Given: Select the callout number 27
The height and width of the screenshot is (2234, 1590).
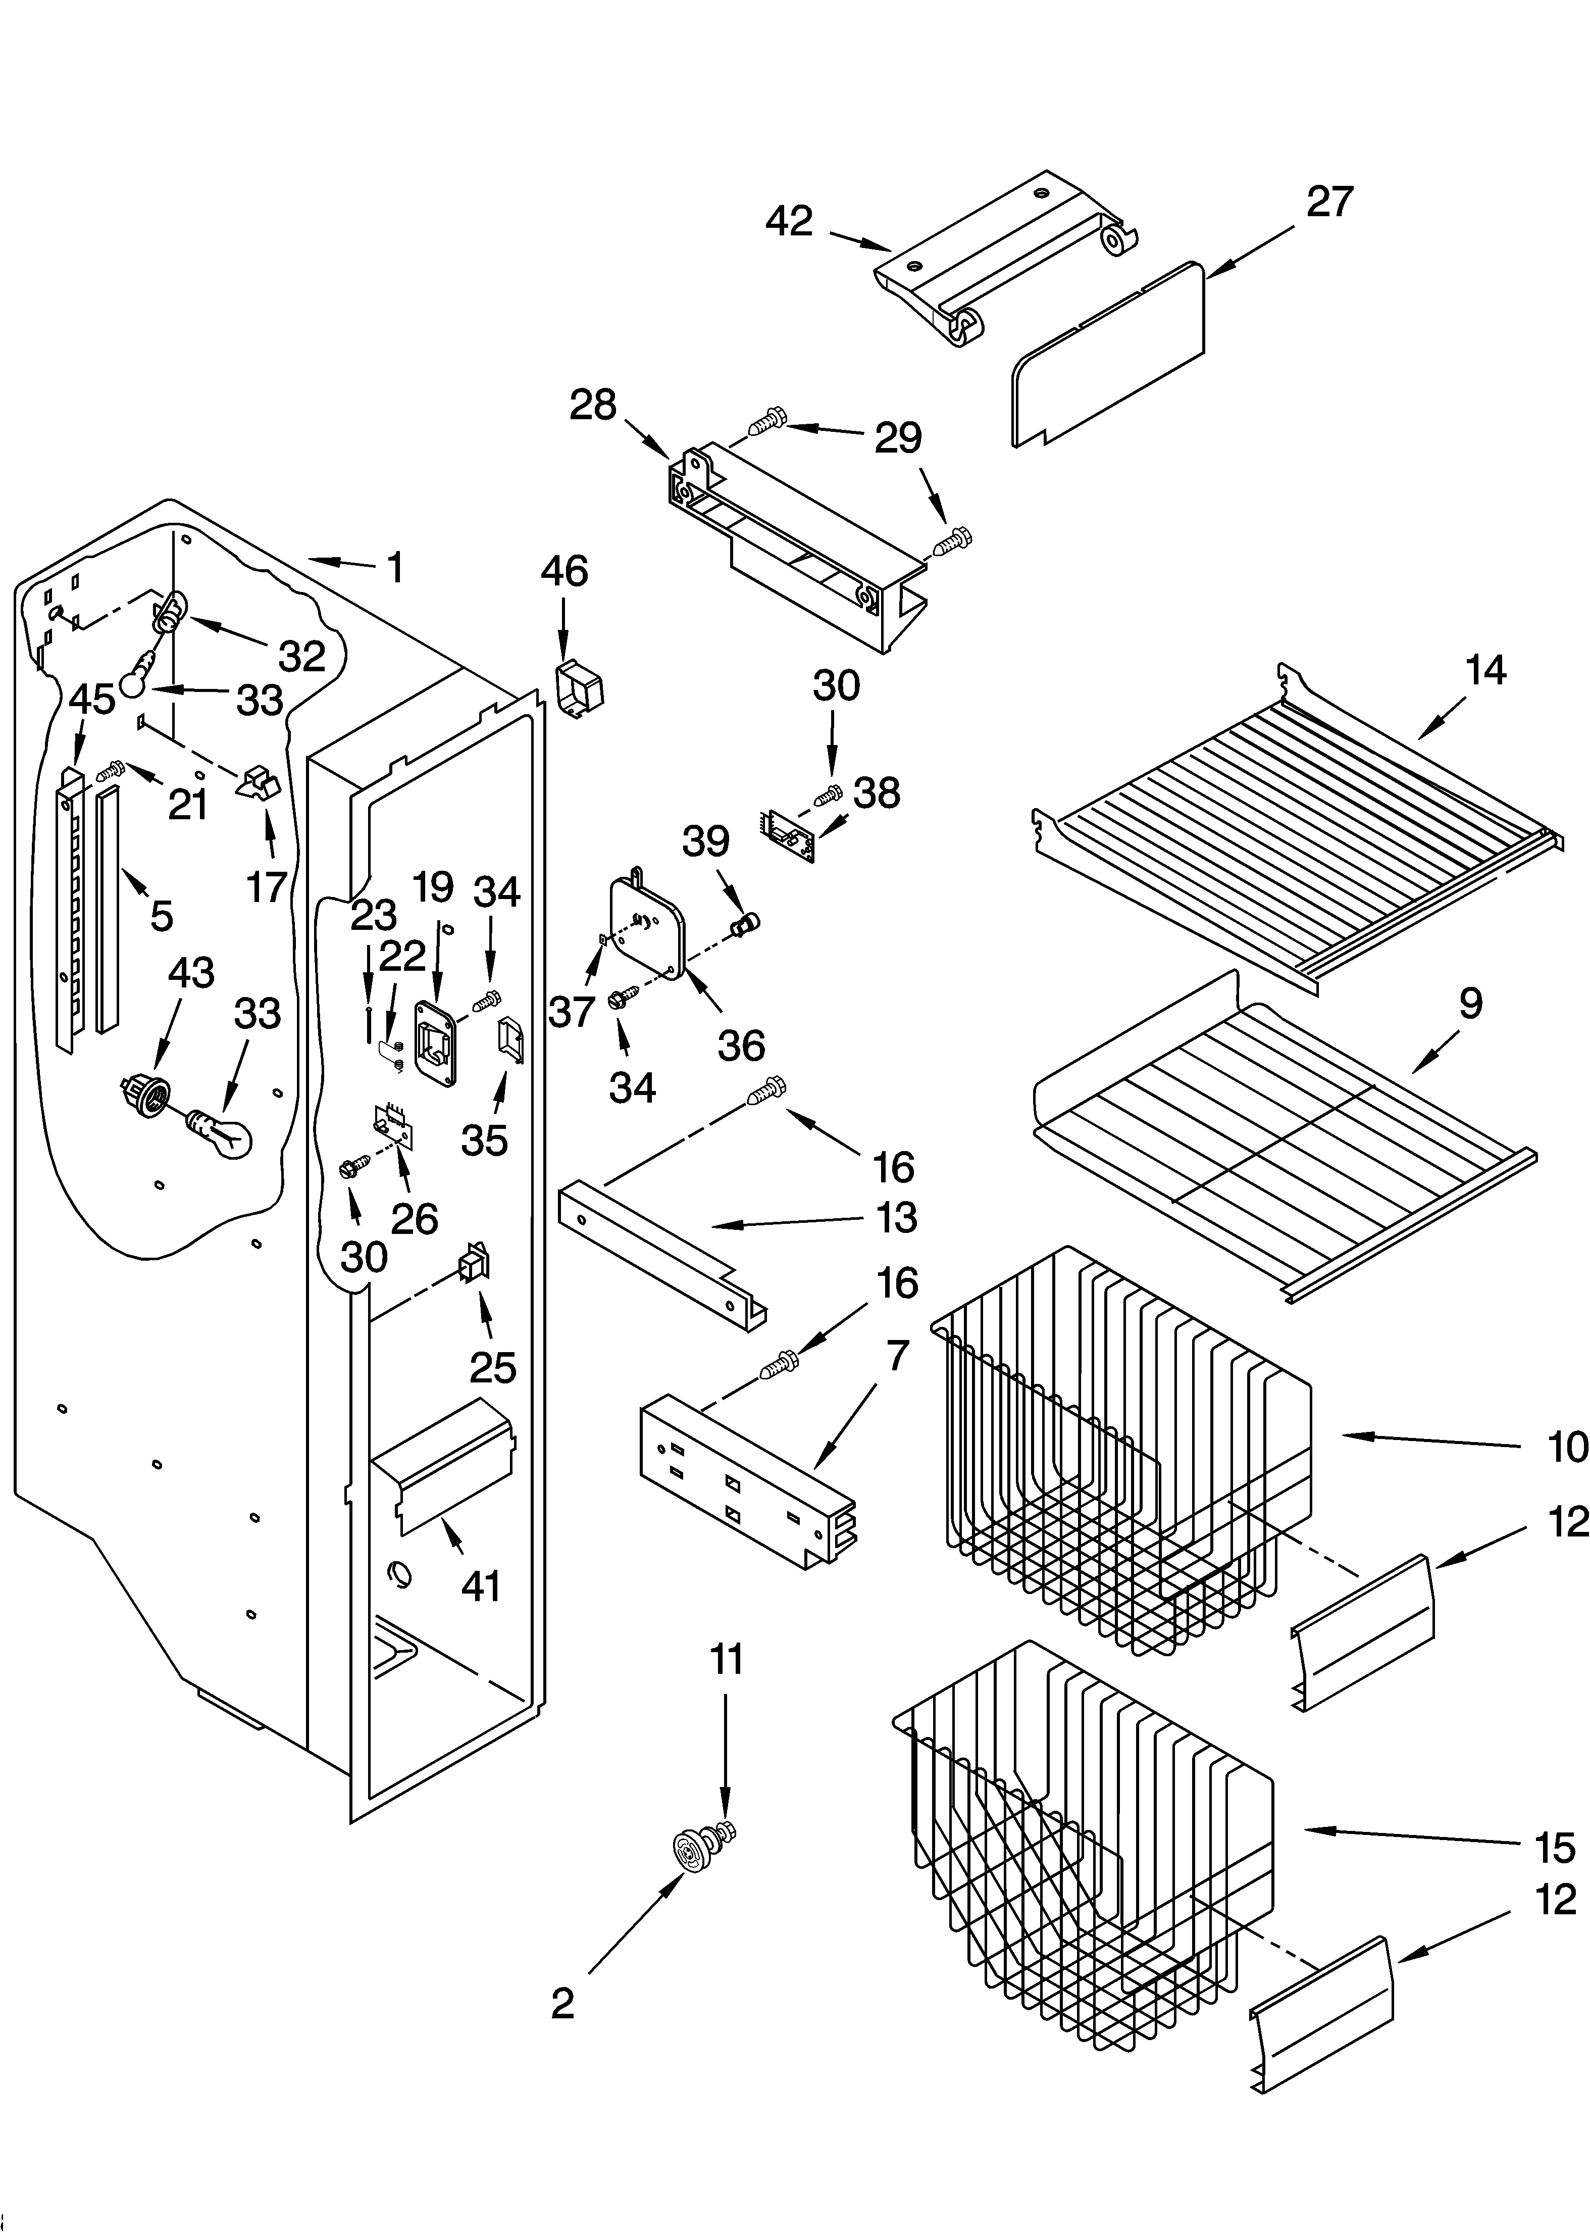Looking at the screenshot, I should [x=1329, y=202].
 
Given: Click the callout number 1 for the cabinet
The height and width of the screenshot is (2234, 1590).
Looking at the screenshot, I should [x=394, y=567].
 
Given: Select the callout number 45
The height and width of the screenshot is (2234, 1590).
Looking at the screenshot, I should [x=92, y=699].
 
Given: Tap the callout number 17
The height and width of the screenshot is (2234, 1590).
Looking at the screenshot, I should [x=265, y=887].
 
